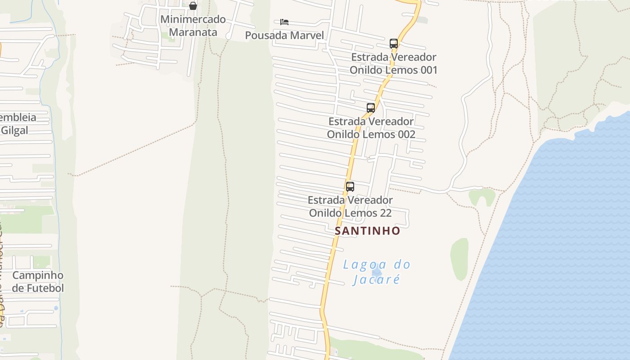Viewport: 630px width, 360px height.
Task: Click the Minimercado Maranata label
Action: point(193,26)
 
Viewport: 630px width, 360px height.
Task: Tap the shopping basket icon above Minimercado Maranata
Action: point(193,6)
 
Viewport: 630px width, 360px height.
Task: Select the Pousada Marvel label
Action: point(284,36)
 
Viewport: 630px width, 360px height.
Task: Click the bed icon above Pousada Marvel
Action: point(284,22)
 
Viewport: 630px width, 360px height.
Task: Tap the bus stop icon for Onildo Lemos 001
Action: point(394,44)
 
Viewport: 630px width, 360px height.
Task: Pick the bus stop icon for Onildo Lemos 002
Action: point(371,108)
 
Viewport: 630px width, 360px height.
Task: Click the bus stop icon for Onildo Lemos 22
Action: point(350,186)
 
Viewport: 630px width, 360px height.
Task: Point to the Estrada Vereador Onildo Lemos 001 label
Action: point(393,63)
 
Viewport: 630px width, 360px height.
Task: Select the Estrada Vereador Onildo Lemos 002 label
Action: point(371,128)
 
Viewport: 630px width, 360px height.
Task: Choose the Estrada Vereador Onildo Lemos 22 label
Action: point(350,206)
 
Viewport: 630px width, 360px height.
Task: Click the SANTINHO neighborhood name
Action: point(367,231)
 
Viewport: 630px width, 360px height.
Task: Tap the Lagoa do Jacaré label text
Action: point(377,272)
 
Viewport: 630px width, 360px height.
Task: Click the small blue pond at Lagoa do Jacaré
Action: point(377,272)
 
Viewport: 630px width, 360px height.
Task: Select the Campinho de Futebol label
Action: point(38,282)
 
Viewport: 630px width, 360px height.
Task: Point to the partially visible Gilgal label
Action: point(14,130)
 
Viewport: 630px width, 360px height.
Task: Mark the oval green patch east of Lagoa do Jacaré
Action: point(459,259)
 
